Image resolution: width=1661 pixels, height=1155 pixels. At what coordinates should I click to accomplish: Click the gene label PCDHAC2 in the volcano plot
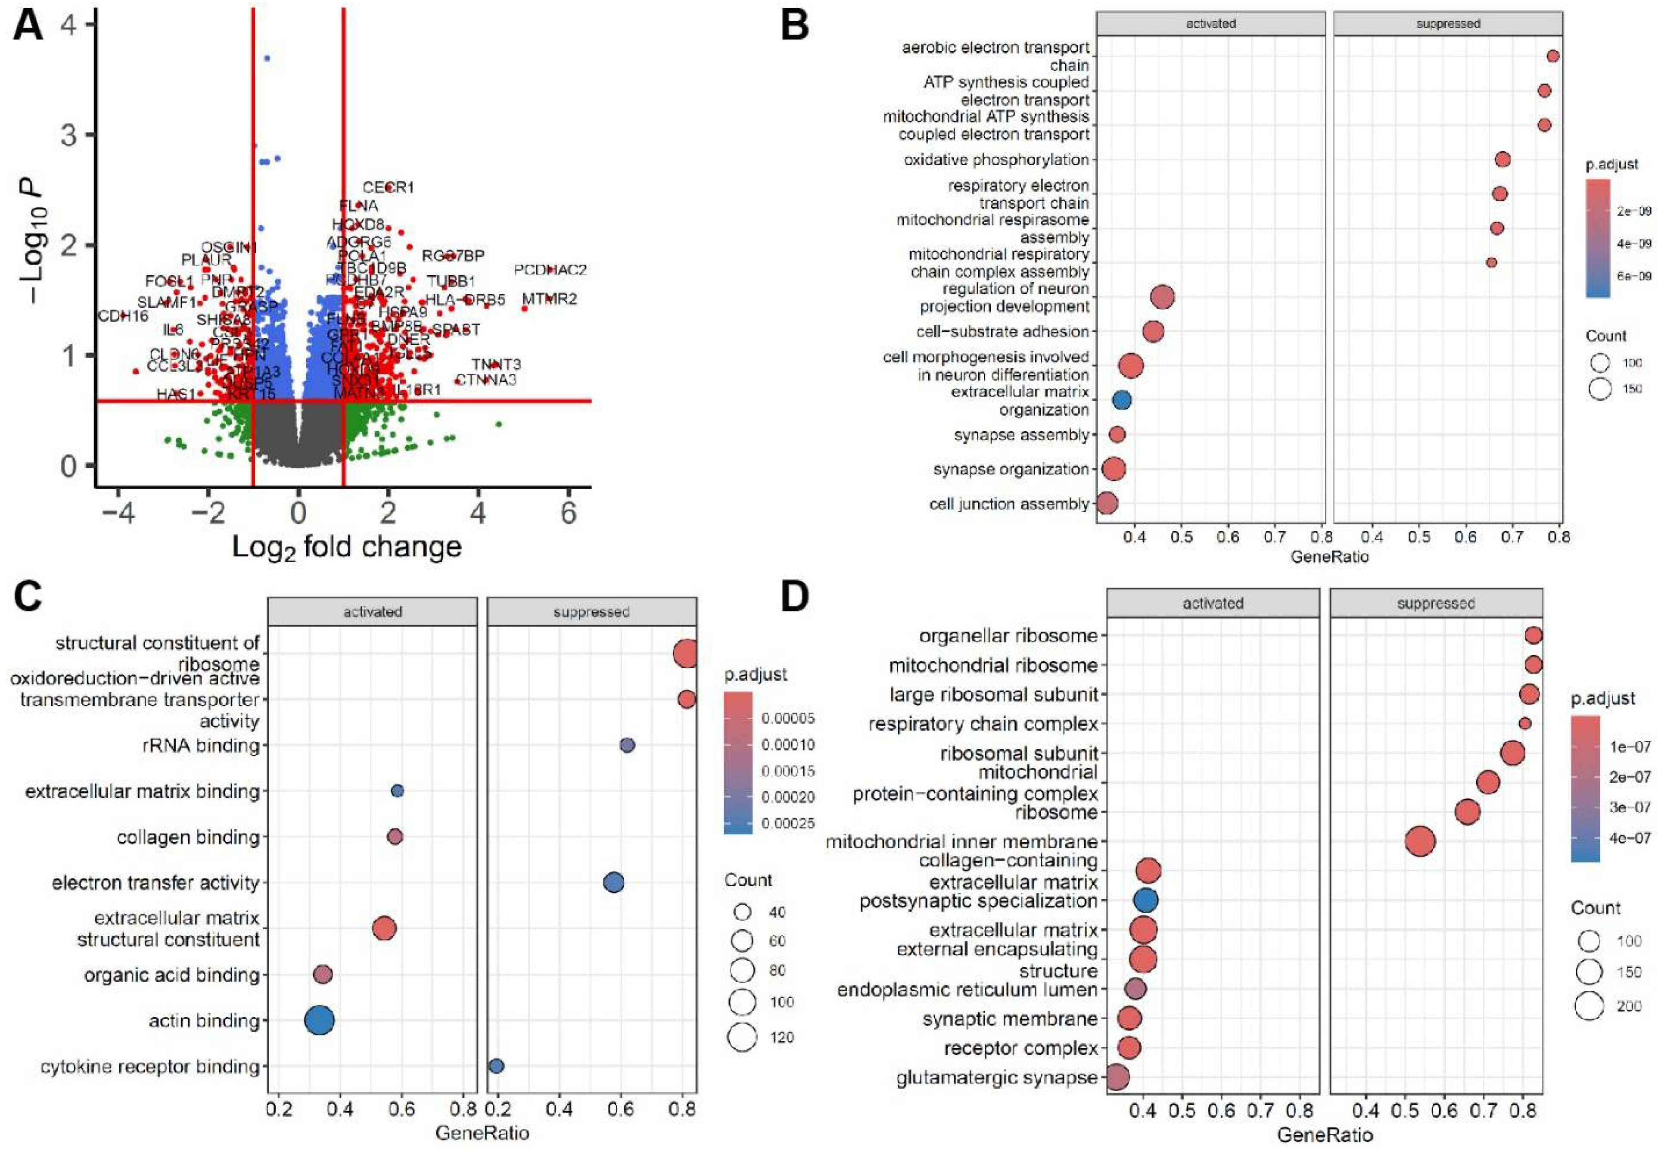click(550, 270)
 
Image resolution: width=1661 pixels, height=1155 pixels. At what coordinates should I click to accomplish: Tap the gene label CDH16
click(123, 316)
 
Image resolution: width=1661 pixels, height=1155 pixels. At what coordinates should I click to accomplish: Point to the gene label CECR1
click(389, 187)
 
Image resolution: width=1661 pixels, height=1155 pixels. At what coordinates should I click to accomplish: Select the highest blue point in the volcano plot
click(267, 58)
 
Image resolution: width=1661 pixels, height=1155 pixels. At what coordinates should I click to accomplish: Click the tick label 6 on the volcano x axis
click(569, 513)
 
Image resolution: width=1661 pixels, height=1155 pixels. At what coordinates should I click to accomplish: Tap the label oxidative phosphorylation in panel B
click(996, 160)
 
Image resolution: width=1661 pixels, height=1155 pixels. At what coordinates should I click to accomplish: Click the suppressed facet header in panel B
click(1448, 24)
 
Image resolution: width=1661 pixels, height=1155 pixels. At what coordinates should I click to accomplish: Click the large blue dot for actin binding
click(320, 1021)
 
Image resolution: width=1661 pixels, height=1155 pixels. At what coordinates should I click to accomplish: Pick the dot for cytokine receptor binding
click(496, 1066)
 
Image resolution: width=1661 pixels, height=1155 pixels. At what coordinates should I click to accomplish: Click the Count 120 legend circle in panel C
click(742, 1037)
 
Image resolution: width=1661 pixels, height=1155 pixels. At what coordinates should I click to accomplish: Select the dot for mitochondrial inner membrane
click(1420, 842)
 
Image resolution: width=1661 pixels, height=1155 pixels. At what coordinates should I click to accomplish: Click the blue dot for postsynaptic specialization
click(1145, 901)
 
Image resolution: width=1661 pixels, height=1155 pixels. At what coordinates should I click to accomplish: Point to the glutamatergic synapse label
click(996, 1077)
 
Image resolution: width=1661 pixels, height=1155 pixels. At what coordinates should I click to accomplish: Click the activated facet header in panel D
click(1213, 603)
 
